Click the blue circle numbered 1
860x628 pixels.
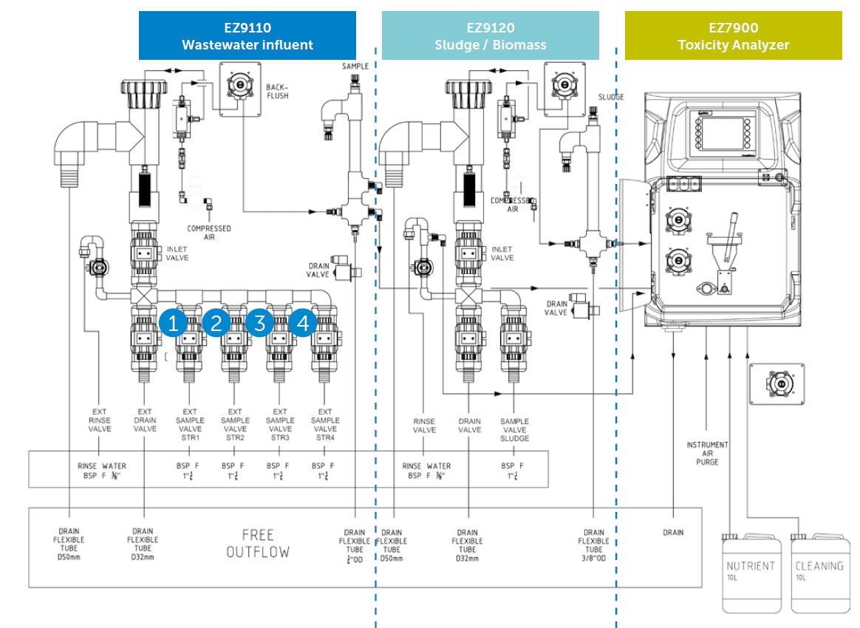coord(174,323)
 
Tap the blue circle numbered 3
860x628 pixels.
coord(260,323)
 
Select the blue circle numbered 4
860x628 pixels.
coord(303,323)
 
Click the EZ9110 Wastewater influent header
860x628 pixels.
coord(248,36)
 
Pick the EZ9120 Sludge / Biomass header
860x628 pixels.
coord(490,36)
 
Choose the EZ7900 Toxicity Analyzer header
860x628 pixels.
coord(733,36)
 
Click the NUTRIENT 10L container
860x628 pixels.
coord(751,573)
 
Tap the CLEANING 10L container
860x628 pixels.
coord(819,573)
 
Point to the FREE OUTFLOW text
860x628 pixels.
coord(258,543)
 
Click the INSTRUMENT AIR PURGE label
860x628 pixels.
coord(707,453)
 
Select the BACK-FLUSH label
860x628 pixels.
coord(279,91)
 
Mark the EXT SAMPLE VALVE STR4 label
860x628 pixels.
coord(325,424)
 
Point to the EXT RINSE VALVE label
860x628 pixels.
coord(100,420)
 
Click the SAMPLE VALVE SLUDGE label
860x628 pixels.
coord(515,429)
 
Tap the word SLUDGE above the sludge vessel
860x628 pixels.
coord(611,97)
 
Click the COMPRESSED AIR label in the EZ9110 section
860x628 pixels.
coord(209,233)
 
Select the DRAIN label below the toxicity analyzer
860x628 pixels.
coord(673,532)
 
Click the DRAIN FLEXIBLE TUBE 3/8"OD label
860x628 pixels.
coord(594,545)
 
